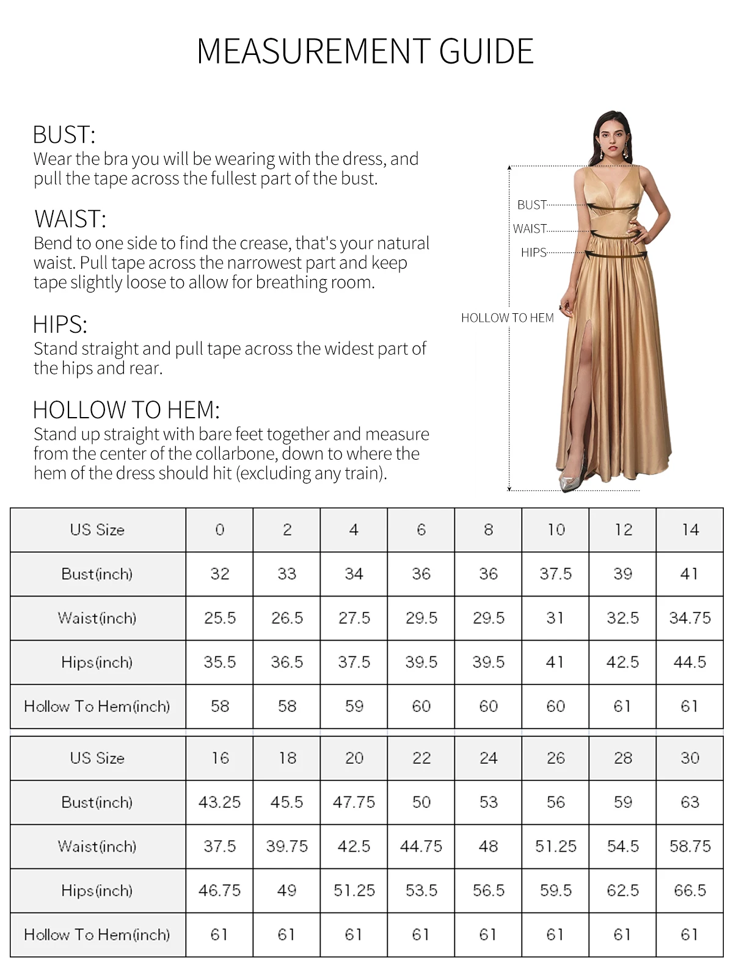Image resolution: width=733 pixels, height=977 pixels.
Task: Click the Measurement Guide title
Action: coord(365,51)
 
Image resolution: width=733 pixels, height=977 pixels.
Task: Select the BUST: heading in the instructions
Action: coord(64,134)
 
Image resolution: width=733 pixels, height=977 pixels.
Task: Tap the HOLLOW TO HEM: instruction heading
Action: coord(126,410)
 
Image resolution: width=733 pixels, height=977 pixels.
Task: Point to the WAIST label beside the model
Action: coord(530,229)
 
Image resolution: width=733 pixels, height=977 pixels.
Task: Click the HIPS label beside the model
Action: coord(533,253)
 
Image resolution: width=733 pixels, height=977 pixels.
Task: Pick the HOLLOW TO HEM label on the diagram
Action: coord(507,318)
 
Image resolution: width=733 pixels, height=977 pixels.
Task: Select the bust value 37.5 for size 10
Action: coord(555,574)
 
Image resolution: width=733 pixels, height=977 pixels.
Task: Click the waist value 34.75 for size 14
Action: coord(690,618)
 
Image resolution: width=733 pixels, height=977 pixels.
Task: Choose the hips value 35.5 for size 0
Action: coord(220,662)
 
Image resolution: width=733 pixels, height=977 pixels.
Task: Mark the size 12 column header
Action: coord(622,529)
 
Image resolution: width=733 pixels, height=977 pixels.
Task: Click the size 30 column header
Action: coord(690,758)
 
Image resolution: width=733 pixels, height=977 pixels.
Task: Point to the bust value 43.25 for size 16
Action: coord(220,802)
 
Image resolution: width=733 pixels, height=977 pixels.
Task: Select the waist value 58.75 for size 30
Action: coord(690,846)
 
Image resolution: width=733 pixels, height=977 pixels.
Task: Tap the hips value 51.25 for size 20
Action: coord(354,890)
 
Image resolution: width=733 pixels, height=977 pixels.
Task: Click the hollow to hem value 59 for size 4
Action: coord(354,706)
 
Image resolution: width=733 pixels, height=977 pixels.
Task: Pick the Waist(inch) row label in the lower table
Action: coord(97,846)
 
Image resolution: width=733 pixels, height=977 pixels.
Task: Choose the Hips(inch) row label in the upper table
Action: coord(97,662)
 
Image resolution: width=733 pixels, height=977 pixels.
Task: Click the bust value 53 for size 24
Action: coord(489,802)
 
